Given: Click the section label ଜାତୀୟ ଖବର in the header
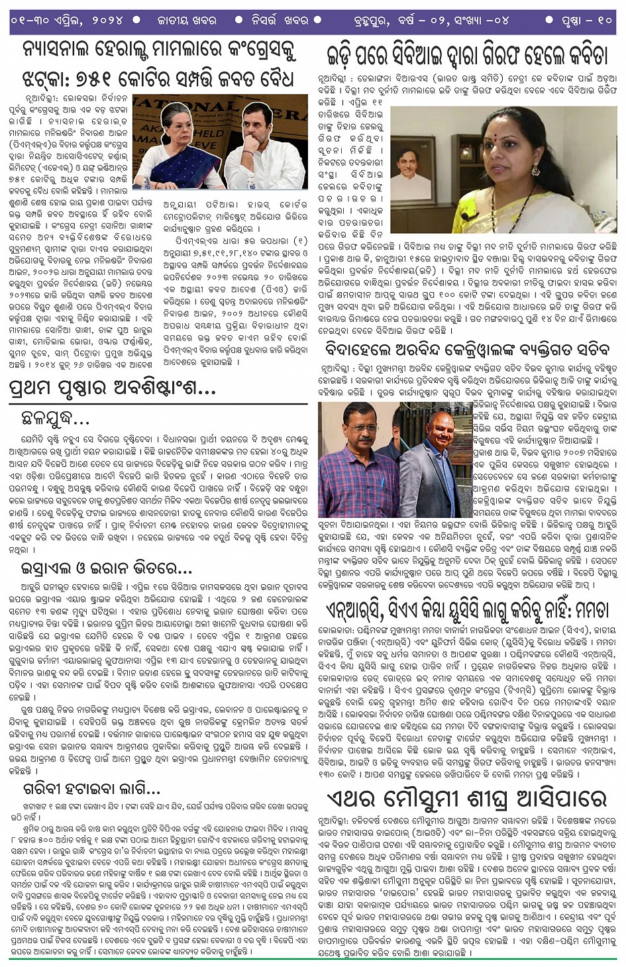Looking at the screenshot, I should point(187,20).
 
